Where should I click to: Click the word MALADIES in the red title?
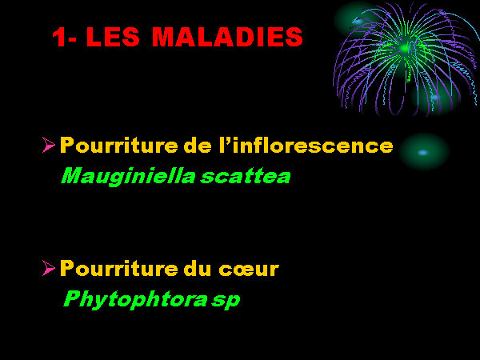227,37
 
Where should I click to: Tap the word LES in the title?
113,37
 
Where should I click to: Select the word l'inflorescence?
306,145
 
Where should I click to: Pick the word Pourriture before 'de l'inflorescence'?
118,145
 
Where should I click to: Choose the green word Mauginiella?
128,177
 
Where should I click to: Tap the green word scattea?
246,176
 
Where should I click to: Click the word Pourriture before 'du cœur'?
118,268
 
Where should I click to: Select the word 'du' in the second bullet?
198,269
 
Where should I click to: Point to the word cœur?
249,270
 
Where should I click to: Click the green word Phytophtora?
135,299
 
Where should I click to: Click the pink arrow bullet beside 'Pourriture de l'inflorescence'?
49,145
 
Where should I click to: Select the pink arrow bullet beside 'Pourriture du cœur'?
49,268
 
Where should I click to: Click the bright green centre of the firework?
405,48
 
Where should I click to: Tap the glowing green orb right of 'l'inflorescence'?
423,152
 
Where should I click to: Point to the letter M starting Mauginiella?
72,176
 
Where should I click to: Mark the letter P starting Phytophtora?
72,298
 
